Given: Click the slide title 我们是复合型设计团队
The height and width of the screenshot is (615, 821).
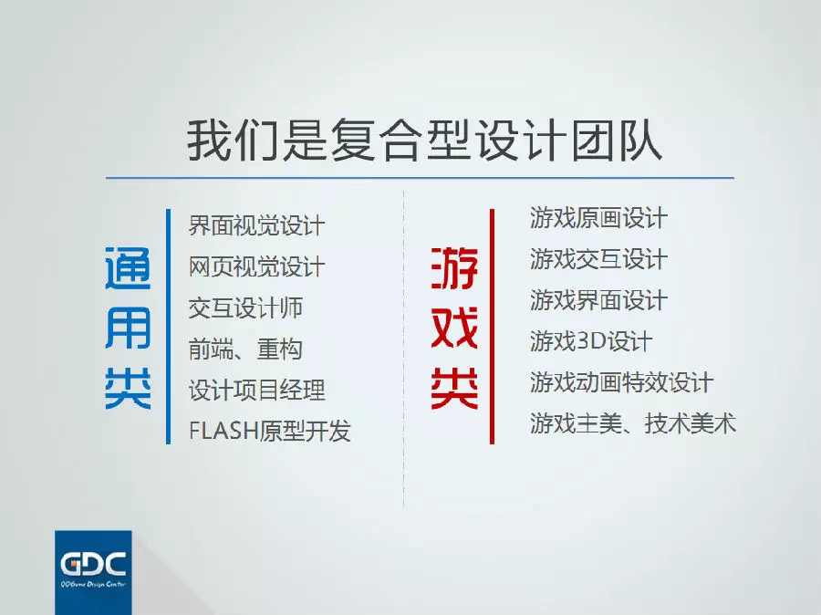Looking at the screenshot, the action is point(424,140).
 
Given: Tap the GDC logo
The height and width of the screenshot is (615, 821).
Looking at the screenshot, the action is point(93,572).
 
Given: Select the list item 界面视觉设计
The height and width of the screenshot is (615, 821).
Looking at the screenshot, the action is point(256,225).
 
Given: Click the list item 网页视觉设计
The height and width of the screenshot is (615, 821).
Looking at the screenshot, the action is point(256,266).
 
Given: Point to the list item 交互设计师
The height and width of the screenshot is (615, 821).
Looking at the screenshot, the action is point(245,308).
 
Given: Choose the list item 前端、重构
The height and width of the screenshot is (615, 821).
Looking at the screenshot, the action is point(245,349).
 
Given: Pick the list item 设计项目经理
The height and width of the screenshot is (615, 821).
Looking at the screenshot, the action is point(256,391).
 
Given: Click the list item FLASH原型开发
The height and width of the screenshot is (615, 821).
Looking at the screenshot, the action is point(270,431).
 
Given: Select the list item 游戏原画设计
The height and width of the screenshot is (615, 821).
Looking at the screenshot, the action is point(598,218).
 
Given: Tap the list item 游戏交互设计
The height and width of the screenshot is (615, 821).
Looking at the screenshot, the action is point(598,259).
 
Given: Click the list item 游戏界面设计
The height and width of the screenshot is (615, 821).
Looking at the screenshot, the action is point(598,300).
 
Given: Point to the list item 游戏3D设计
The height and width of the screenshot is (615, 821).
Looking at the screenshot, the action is point(591,341).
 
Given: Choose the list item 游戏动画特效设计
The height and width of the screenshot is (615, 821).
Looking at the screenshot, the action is point(621,382).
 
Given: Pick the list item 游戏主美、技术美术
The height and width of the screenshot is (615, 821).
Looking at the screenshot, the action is point(633,423).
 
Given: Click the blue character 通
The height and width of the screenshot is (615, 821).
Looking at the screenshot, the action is point(128,268).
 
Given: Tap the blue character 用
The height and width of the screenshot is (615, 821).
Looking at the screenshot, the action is point(128,328).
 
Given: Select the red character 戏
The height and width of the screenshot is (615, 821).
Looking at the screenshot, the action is point(454,328).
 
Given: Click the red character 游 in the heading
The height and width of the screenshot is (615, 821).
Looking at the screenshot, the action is point(454,268).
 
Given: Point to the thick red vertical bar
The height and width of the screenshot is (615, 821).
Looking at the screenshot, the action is point(493,327).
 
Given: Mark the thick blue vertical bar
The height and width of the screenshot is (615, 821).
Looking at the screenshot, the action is point(168,327).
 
